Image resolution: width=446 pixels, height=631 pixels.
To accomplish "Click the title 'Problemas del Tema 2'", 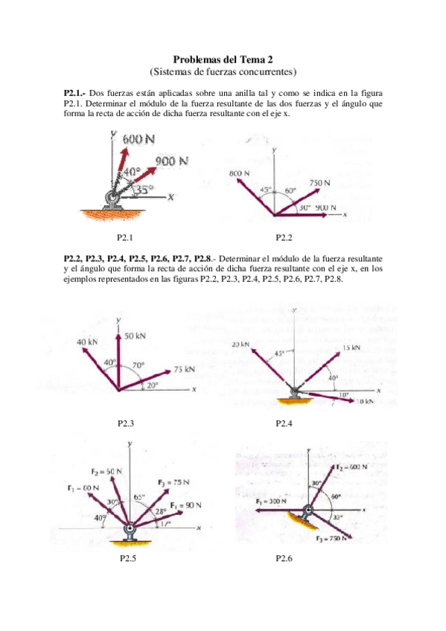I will click(x=223, y=59).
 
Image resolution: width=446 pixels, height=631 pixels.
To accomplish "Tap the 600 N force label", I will click(x=138, y=138).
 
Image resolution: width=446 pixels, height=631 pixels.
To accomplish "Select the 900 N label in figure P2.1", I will click(x=172, y=161).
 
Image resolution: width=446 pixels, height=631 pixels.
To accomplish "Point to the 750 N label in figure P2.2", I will click(x=320, y=182).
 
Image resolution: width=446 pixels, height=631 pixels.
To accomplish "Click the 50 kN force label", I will click(x=135, y=336).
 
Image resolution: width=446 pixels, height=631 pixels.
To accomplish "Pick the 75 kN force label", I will click(x=184, y=369).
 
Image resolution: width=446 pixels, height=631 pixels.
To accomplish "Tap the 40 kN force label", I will click(x=88, y=342).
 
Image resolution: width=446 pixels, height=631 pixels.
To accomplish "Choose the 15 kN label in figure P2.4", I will click(x=351, y=347).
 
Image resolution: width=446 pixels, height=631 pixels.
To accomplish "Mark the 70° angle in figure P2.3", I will click(x=138, y=365).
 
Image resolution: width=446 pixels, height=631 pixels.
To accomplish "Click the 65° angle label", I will click(x=139, y=496).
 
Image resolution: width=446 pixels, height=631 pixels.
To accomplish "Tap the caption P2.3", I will click(x=127, y=423).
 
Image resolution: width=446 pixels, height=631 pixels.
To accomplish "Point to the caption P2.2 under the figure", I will click(x=284, y=237).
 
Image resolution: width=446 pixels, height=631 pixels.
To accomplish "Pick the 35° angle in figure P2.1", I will click(x=147, y=189).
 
